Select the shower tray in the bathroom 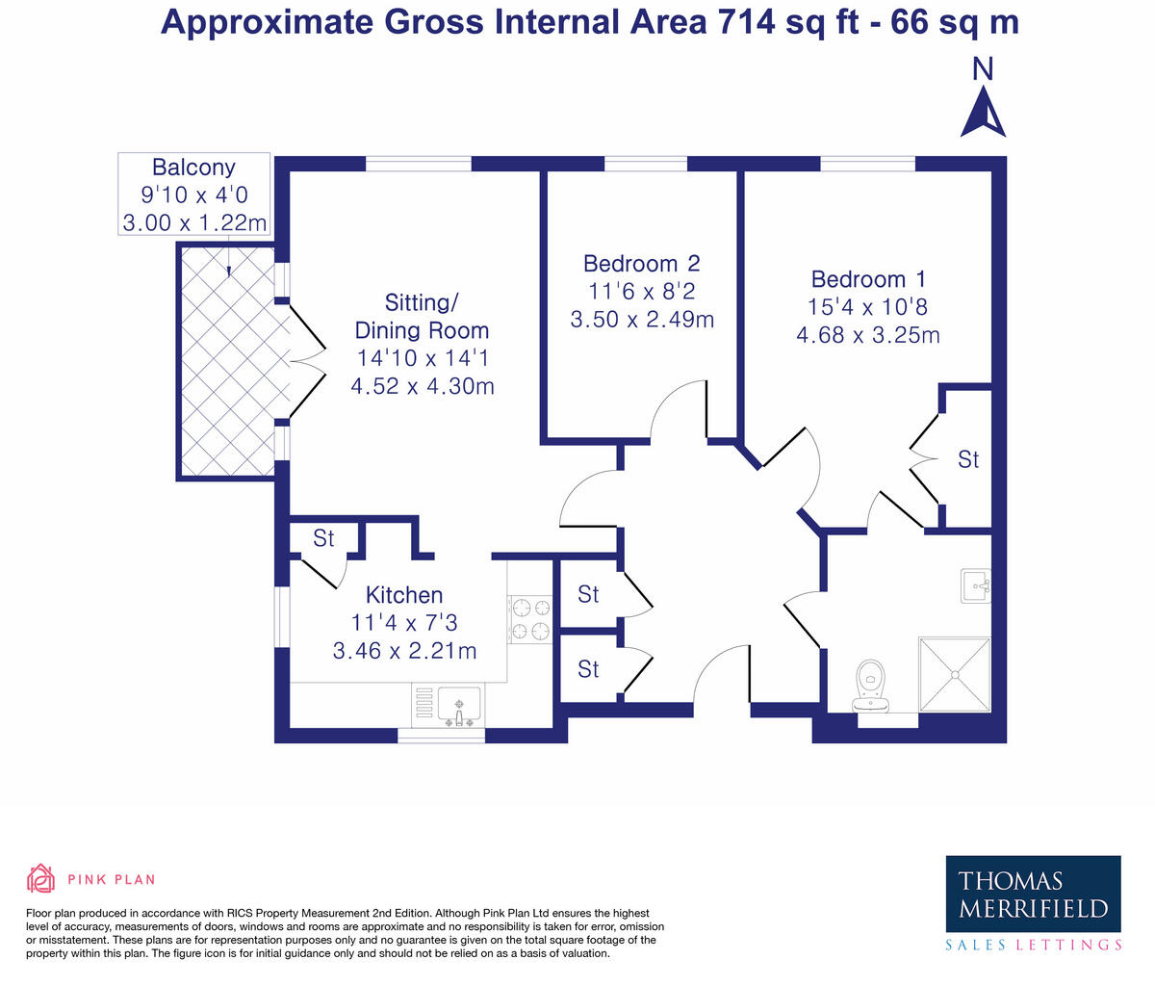(955, 675)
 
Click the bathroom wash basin (976, 586)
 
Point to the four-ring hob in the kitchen (530, 620)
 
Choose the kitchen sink (449, 706)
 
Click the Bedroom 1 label (868, 279)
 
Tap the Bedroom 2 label (641, 263)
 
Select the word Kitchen (404, 595)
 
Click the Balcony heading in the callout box (193, 168)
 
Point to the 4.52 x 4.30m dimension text (423, 386)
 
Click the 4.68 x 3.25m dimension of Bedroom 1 (868, 335)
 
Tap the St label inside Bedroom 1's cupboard (968, 459)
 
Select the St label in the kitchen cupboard (323, 538)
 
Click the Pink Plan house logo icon (40, 879)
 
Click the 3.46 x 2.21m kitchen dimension (404, 651)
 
